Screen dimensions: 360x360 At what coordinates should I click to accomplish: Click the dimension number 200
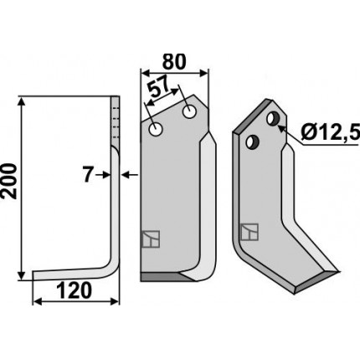pyautogui.click(x=9, y=182)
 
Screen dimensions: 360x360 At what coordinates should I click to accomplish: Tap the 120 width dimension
pyautogui.click(x=75, y=291)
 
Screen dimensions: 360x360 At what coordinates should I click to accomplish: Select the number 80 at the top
pyautogui.click(x=174, y=62)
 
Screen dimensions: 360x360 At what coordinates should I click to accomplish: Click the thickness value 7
pyautogui.click(x=88, y=175)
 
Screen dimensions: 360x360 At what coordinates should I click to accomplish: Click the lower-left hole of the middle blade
pyautogui.click(x=156, y=129)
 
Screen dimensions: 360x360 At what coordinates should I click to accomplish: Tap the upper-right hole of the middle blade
pyautogui.click(x=189, y=112)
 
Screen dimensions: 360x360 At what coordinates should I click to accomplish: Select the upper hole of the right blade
pyautogui.click(x=272, y=118)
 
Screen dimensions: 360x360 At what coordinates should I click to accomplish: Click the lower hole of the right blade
pyautogui.click(x=252, y=141)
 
